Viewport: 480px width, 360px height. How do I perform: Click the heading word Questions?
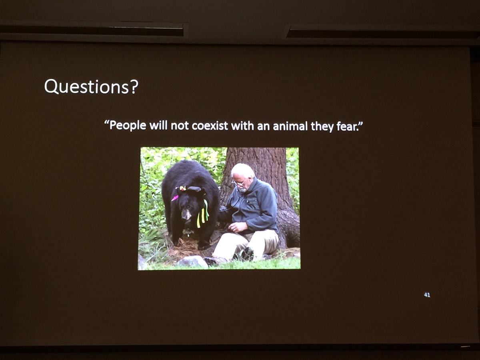91,87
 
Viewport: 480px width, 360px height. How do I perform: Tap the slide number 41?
427,295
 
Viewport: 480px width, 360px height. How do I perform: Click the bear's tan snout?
186,215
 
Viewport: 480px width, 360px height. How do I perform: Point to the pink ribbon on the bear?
175,198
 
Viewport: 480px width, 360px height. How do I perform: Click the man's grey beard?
243,190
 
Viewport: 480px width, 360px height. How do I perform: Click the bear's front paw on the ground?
204,245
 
